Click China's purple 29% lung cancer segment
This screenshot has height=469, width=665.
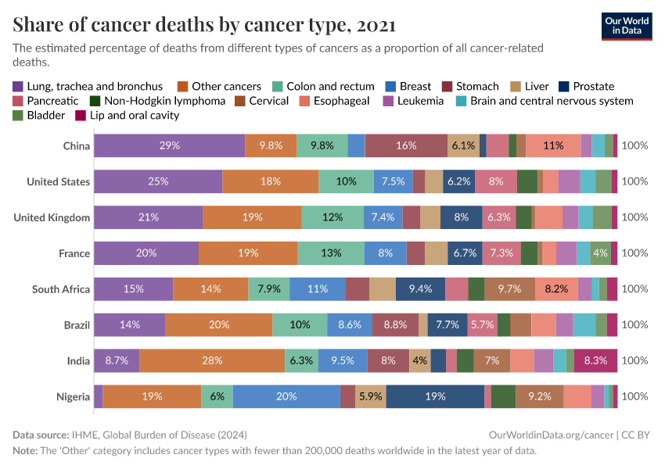coord(169,145)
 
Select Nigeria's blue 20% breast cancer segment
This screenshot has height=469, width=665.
coord(286,396)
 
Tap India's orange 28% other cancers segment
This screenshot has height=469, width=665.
coord(212,360)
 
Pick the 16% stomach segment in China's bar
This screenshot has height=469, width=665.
coord(406,145)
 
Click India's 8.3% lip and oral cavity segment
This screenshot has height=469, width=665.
coord(595,360)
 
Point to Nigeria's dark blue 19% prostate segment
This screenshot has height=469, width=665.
coord(435,396)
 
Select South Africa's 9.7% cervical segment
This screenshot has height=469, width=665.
coord(509,289)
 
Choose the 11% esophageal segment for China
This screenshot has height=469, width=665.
coord(553,145)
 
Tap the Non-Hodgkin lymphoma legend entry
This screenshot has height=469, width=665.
coord(158,101)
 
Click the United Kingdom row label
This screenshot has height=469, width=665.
coord(52,217)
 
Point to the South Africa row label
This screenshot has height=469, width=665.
coord(61,289)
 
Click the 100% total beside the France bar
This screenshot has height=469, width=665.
coord(634,253)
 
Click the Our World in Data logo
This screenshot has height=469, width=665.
coord(627,26)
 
